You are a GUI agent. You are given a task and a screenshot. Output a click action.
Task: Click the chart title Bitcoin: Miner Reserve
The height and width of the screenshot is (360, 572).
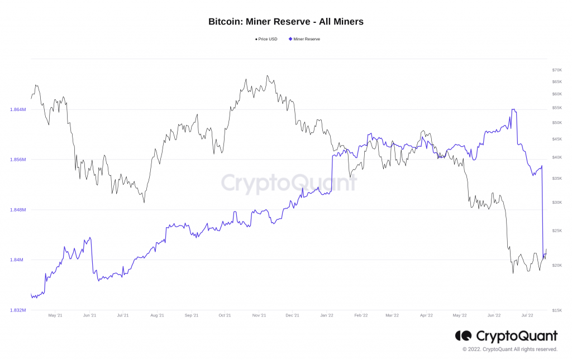[285, 22]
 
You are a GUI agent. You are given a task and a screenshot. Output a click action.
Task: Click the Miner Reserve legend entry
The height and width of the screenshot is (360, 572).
[304, 39]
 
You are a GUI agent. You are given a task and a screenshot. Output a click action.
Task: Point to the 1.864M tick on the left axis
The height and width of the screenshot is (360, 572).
[17, 109]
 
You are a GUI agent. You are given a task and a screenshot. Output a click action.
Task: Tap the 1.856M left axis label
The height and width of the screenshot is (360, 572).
[17, 160]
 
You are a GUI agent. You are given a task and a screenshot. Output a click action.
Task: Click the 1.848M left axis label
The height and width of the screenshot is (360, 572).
[17, 210]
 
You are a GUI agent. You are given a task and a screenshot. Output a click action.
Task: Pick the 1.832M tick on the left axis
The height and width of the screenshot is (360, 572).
[17, 310]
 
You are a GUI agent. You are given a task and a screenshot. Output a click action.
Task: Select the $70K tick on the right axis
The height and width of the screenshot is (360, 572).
[556, 70]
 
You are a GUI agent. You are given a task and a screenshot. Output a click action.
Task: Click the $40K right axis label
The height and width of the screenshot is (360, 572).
[556, 157]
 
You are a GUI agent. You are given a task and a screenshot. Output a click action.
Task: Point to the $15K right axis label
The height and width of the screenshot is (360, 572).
[556, 310]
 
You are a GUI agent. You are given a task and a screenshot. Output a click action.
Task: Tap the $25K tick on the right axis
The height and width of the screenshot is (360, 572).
[556, 231]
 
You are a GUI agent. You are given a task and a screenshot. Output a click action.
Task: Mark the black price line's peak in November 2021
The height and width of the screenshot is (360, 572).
[267, 75]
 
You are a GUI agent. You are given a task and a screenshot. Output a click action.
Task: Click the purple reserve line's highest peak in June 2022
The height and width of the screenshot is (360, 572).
[513, 109]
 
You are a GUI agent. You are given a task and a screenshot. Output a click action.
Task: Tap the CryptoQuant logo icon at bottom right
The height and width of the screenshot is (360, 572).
[464, 335]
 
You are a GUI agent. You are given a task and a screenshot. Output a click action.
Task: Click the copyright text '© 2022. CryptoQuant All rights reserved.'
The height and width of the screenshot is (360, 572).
[509, 349]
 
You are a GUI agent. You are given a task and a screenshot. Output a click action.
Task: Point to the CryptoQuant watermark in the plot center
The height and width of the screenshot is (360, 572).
[289, 183]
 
